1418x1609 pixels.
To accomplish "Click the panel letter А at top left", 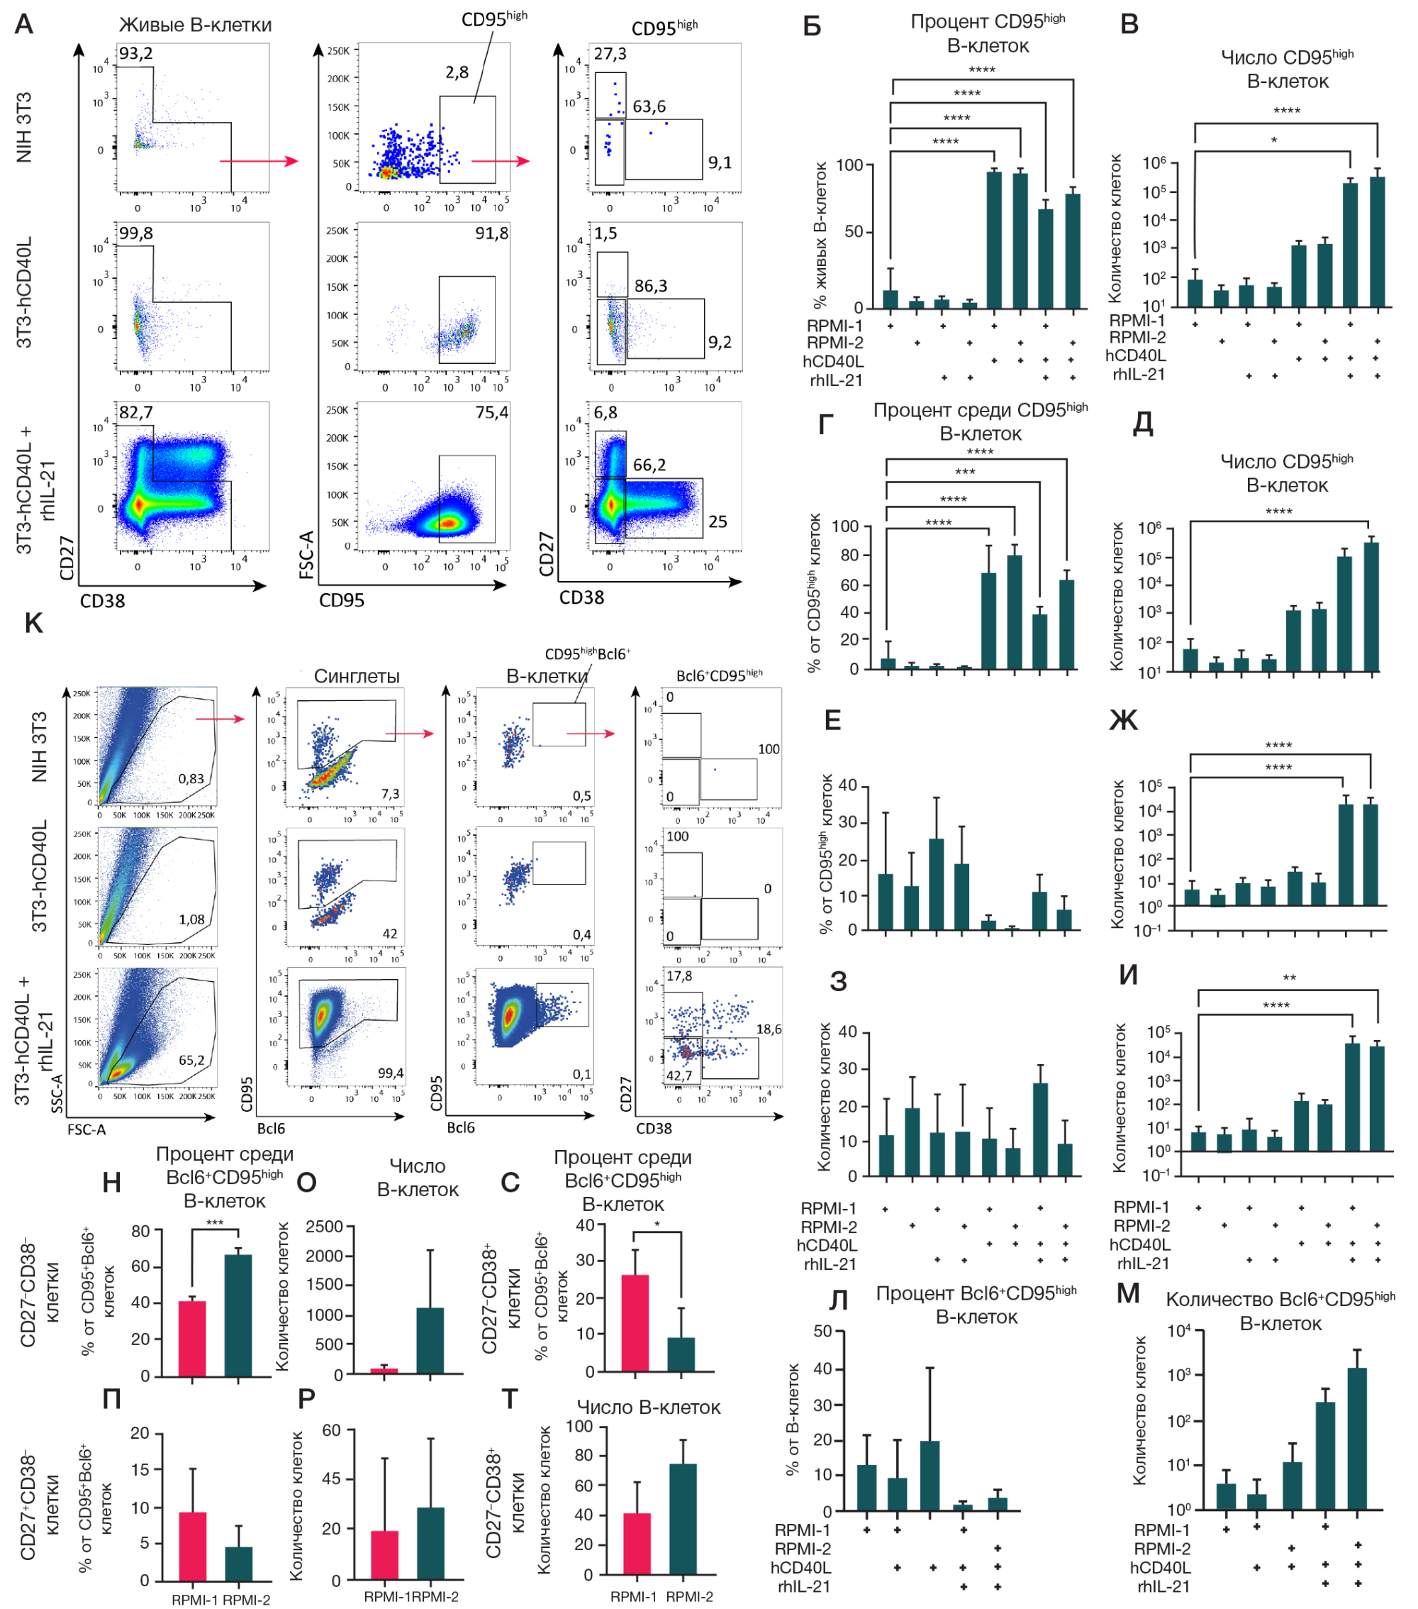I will pyautogui.click(x=24, y=23).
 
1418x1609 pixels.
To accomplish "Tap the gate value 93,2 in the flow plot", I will pyautogui.click(x=135, y=53).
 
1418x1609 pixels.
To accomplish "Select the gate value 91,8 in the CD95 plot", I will pyautogui.click(x=491, y=233).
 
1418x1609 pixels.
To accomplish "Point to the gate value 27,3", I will pyautogui.click(x=610, y=53).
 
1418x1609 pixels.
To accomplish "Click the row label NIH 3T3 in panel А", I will pyautogui.click(x=24, y=128).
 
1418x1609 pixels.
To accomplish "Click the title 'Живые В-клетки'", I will pyautogui.click(x=195, y=26).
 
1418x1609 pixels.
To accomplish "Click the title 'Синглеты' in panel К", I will pyautogui.click(x=357, y=676).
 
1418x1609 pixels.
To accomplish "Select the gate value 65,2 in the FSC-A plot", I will pyautogui.click(x=191, y=1061).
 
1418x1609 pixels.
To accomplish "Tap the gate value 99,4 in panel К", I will pyautogui.click(x=390, y=1073).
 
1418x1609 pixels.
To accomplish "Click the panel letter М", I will pyautogui.click(x=1127, y=1293).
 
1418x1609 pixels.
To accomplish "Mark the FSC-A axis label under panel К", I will pyautogui.click(x=86, y=1129).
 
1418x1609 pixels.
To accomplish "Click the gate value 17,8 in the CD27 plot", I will pyautogui.click(x=679, y=976).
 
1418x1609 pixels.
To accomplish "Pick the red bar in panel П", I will pyautogui.click(x=193, y=1546).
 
